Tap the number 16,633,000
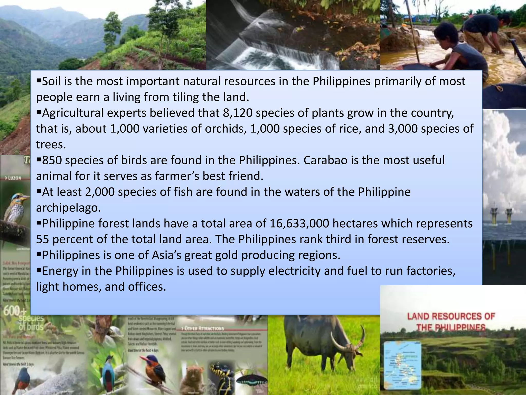299,223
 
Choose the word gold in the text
225,255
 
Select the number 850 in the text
52,160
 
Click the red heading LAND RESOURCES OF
451,316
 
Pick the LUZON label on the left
14,178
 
